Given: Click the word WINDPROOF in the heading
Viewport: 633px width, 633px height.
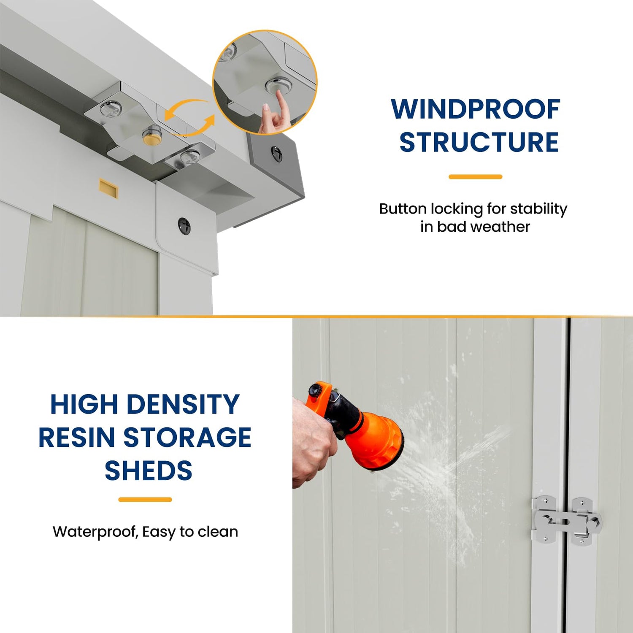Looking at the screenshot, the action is point(476,109).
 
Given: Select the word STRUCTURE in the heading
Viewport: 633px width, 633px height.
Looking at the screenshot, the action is point(479,142).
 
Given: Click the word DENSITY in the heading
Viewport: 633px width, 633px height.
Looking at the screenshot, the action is point(183,404).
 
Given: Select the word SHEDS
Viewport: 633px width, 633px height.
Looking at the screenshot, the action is point(149,471).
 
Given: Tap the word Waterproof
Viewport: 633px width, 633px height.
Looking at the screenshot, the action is point(96,532).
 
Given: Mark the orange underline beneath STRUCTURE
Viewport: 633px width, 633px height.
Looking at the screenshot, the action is point(475,177).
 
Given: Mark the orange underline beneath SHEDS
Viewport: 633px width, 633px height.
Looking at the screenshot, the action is point(145,500).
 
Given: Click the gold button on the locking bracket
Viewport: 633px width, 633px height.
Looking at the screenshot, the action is point(151,135).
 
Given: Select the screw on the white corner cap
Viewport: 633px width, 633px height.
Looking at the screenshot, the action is point(184,226).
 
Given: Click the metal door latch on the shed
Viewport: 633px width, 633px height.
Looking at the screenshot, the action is point(566,520).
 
